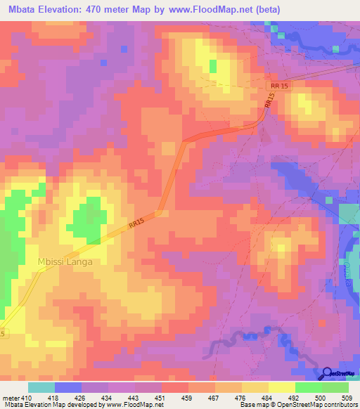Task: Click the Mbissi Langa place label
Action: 65,261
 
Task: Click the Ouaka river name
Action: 349,269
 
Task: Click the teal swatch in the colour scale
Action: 41,387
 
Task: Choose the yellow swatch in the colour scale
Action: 281,387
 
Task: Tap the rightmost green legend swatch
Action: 335,387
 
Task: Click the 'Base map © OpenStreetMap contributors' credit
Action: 298,405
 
